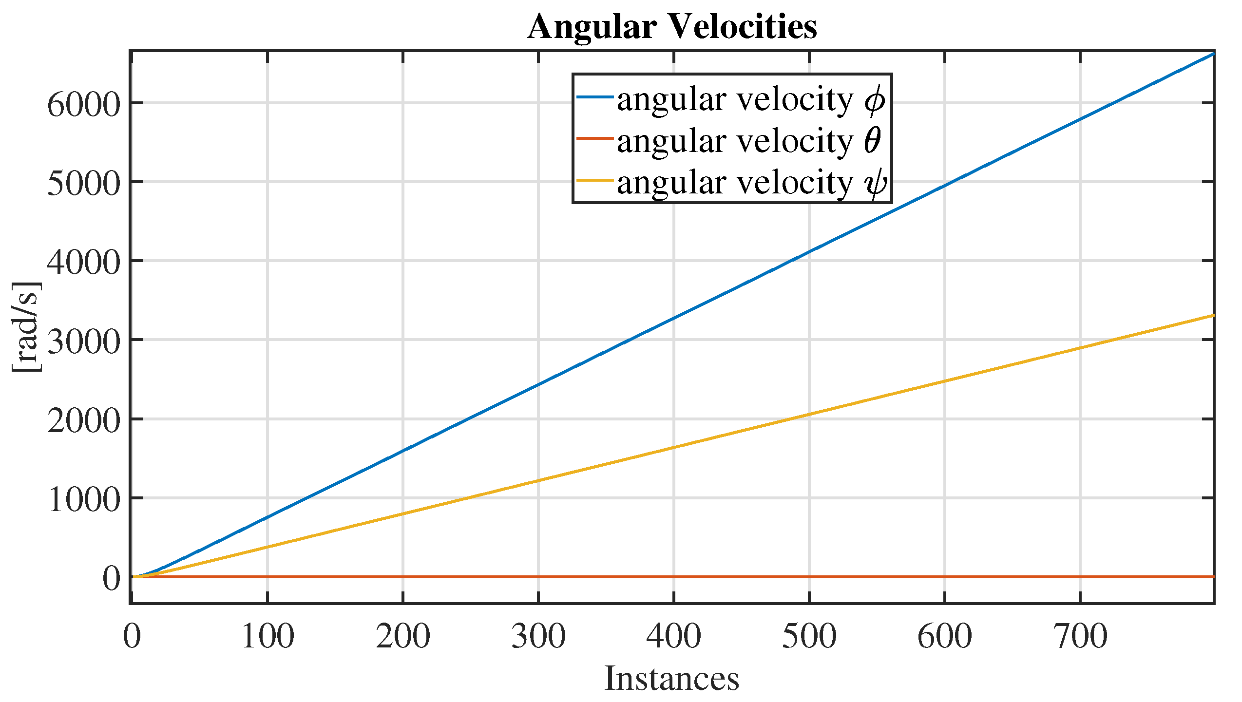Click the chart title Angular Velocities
[672, 26]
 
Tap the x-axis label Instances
[672, 678]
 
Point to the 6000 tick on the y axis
[83, 104]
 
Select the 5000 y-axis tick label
[83, 184]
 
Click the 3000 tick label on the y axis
[83, 342]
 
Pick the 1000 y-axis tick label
[83, 500]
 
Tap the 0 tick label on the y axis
[111, 578]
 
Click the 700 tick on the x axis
[1080, 636]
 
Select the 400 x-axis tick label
[674, 636]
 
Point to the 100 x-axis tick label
[268, 636]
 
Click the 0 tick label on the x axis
[132, 636]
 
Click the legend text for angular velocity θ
[748, 141]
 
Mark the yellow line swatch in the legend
[594, 180]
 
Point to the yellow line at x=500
[809, 415]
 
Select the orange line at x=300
[538, 577]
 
